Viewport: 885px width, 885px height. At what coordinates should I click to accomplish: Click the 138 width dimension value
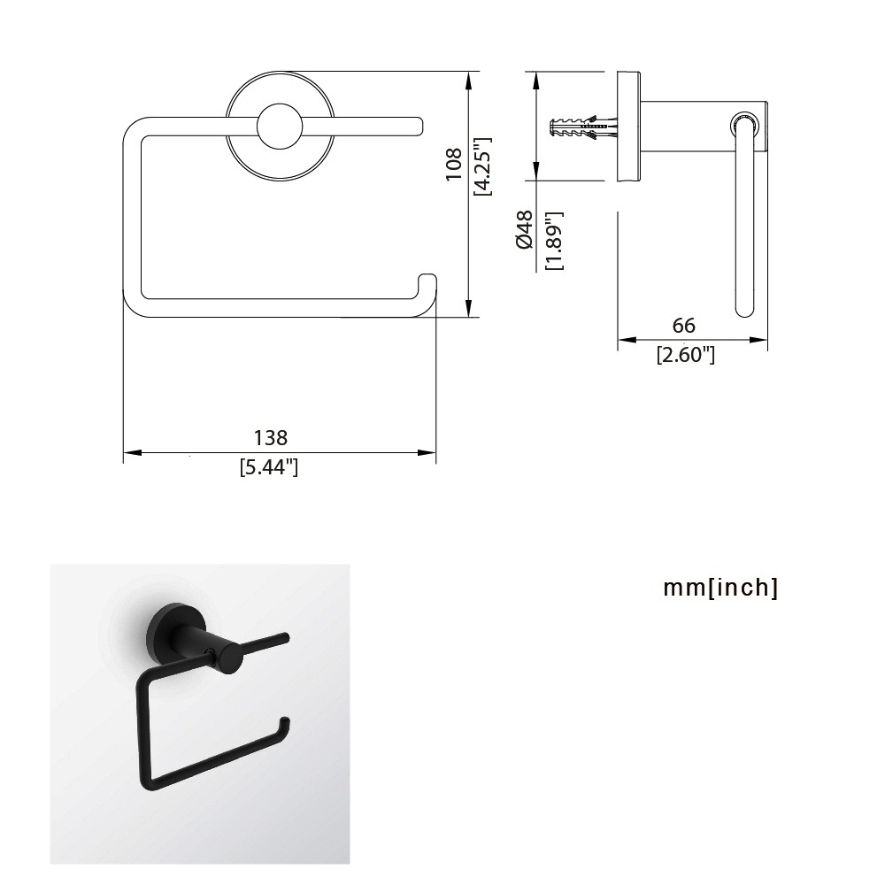coord(270,437)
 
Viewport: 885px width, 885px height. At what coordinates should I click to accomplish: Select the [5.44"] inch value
coord(269,467)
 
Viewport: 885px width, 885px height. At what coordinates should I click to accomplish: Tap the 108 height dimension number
coord(454,164)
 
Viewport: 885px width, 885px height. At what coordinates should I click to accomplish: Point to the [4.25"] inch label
coord(483,166)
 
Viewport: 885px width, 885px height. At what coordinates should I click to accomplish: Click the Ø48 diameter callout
coord(524,229)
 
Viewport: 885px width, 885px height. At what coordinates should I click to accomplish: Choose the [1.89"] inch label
coord(555,241)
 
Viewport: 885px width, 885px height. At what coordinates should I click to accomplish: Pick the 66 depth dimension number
coord(683,325)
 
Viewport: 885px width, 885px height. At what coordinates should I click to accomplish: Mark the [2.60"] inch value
coord(686,355)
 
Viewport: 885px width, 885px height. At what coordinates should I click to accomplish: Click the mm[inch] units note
coord(720,588)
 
